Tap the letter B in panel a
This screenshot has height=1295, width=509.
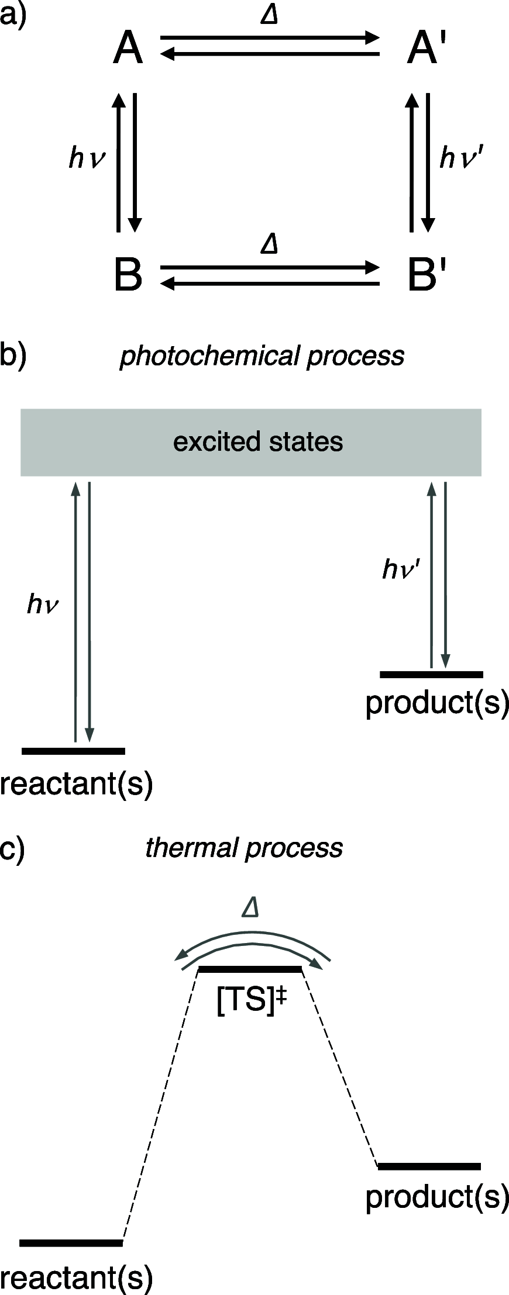128,275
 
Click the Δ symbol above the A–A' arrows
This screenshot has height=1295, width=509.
269,16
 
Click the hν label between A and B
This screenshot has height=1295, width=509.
87,158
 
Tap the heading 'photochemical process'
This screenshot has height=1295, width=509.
262,356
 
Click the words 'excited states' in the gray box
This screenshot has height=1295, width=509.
257,441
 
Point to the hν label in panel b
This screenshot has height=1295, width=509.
43,605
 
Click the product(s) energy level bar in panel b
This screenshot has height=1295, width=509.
431,674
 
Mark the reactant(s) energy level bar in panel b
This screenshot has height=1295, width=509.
73,751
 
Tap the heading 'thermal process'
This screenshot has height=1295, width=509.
244,848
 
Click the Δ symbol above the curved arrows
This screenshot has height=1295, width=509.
250,908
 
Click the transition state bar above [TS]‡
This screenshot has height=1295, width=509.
250,969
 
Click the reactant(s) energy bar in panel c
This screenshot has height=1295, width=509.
71,1242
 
